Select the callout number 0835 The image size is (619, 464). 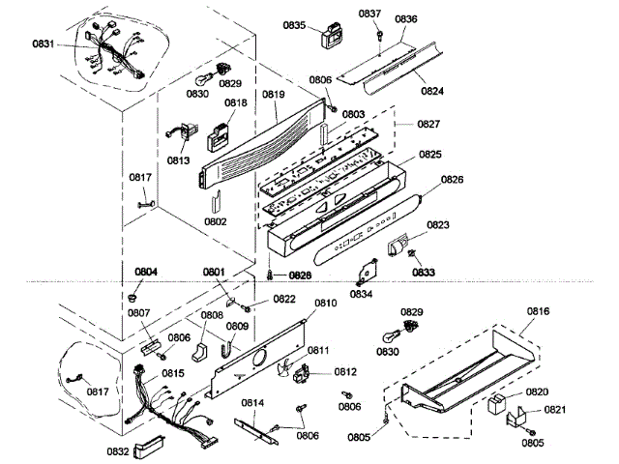[x=295, y=26]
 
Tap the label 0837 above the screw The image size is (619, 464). [x=370, y=14]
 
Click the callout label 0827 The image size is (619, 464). [x=429, y=126]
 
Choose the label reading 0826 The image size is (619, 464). [x=453, y=179]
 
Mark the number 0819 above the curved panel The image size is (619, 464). [x=274, y=95]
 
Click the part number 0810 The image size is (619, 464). [x=325, y=303]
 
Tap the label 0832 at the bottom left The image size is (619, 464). [x=117, y=450]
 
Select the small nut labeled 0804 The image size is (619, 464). [x=132, y=294]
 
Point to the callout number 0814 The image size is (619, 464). [x=252, y=402]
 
